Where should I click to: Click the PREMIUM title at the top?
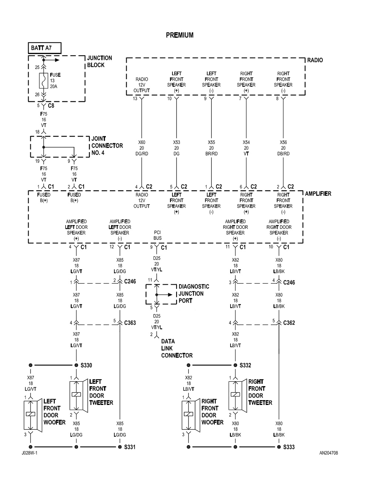[179, 35]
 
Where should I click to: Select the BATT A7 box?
[44, 48]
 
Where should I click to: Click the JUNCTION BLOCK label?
[99, 61]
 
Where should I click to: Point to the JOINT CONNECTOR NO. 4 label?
[107, 145]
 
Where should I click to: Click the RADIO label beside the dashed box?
[315, 60]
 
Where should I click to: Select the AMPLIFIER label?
[318, 194]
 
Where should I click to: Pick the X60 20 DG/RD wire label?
[142, 148]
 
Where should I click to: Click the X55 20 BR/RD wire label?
[211, 148]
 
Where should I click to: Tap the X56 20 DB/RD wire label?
[283, 148]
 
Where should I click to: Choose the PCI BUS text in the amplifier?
[158, 235]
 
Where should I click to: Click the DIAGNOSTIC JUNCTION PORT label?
[194, 294]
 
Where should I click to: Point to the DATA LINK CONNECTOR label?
[176, 348]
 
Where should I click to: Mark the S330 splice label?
[86, 365]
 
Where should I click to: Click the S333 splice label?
[289, 447]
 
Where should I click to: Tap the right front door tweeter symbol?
[236, 395]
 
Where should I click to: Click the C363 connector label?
[129, 323]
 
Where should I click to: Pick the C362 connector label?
[289, 323]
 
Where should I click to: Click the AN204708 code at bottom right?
[329, 453]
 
